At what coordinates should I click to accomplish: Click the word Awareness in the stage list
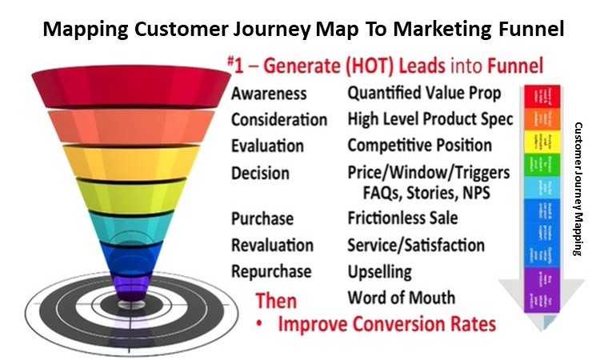(x=269, y=94)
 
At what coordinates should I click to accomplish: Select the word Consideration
(x=279, y=120)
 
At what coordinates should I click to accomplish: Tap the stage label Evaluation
(x=267, y=146)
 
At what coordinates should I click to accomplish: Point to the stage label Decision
(x=261, y=173)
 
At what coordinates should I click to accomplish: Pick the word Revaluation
(x=272, y=245)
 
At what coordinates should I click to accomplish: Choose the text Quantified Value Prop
(x=424, y=94)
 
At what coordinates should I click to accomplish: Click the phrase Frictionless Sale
(x=402, y=218)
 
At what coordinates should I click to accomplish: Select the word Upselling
(x=379, y=271)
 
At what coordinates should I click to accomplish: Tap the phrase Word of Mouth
(x=401, y=298)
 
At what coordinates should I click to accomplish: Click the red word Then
(x=275, y=302)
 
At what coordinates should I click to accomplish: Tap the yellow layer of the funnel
(x=120, y=160)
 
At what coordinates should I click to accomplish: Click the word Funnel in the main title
(x=530, y=30)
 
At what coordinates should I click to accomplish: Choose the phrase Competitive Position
(x=419, y=146)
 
